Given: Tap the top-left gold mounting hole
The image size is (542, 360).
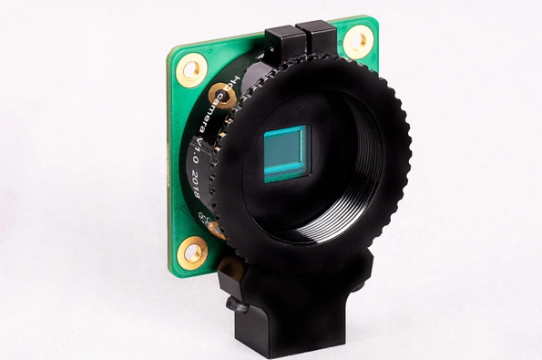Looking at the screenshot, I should coord(191,68).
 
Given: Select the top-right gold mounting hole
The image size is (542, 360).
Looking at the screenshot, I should coord(358,41).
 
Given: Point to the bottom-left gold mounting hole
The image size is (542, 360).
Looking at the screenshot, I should coord(191,251).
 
